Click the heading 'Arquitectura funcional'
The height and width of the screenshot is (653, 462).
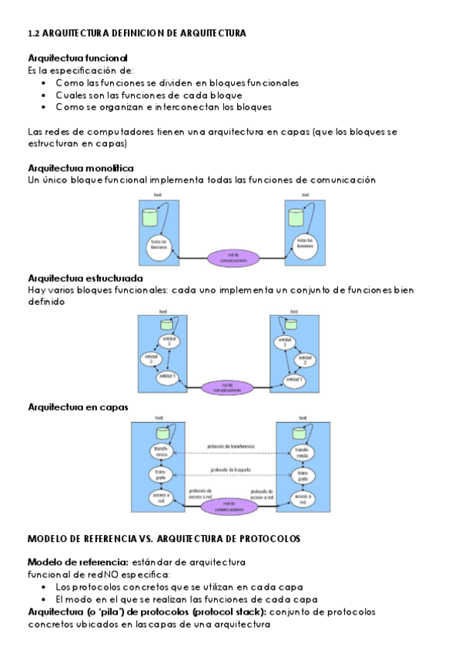[x=77, y=58]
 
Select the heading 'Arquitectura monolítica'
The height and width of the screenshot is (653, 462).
[x=80, y=168]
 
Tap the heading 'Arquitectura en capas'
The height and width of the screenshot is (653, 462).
[x=77, y=406]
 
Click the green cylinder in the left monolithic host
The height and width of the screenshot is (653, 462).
[x=150, y=216]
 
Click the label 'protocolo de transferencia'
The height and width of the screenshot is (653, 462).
[x=231, y=447]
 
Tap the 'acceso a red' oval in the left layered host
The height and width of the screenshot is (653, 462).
[x=160, y=497]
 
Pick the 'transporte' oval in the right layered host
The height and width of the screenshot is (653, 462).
[x=302, y=474]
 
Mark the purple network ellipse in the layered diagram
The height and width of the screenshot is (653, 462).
[x=230, y=507]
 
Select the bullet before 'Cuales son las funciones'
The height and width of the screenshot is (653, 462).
[x=45, y=95]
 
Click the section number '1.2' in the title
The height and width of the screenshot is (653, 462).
[x=33, y=34]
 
